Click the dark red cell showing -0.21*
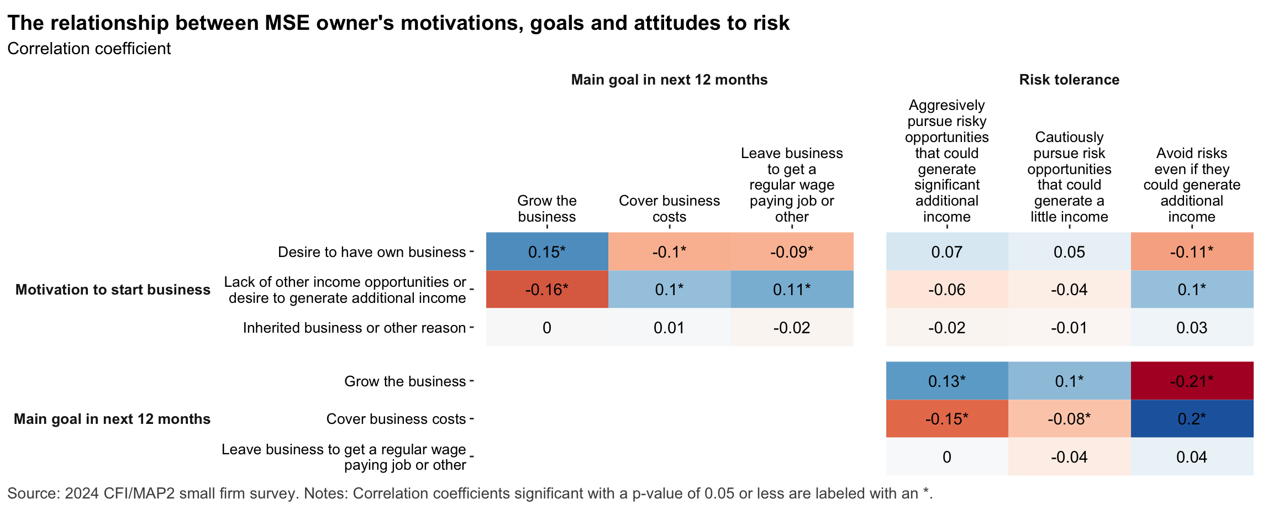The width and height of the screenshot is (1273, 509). click(x=1192, y=381)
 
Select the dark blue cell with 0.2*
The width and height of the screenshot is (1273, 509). click(x=1192, y=419)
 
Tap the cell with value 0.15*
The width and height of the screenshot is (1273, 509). click(x=547, y=252)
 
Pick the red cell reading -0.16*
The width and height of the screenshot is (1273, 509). click(x=547, y=290)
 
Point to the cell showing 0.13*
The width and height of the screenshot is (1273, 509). click(x=947, y=381)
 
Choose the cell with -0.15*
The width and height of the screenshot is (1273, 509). click(x=947, y=419)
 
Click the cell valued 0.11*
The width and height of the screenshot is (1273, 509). click(x=792, y=290)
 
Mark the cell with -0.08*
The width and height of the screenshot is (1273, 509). click(x=1069, y=419)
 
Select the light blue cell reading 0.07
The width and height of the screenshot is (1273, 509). click(x=947, y=252)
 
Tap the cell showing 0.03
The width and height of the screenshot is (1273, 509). click(x=1192, y=328)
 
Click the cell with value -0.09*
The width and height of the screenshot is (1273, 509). click(x=792, y=252)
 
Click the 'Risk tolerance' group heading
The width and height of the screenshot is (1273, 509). click(x=1069, y=80)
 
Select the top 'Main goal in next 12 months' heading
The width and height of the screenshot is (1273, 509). click(x=669, y=80)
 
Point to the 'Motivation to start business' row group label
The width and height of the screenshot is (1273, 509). click(x=113, y=290)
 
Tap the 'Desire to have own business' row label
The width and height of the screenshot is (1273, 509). click(x=371, y=252)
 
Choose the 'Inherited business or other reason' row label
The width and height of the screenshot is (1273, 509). click(x=354, y=328)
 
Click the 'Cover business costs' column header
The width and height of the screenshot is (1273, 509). click(x=669, y=208)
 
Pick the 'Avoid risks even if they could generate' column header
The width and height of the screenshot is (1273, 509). click(x=1192, y=185)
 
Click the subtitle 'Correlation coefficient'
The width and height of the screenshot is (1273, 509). click(x=89, y=49)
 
